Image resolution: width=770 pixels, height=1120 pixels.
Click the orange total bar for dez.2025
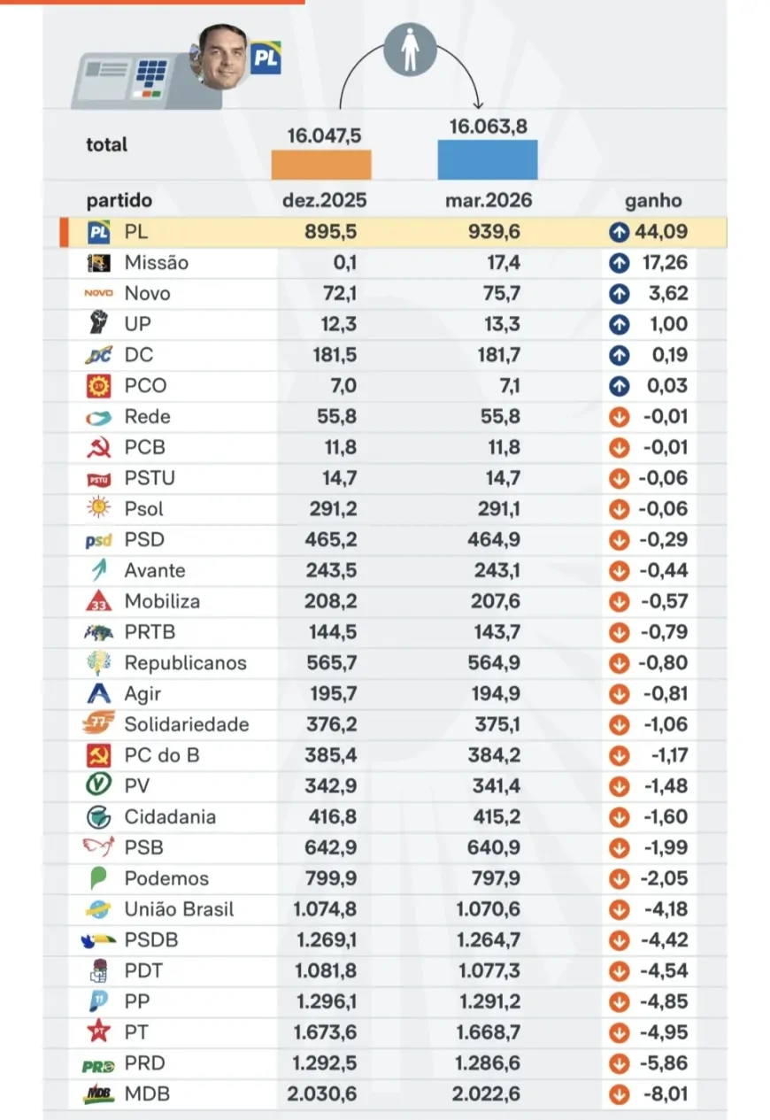point(320,165)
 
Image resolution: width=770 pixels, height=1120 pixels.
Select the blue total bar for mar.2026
point(487,159)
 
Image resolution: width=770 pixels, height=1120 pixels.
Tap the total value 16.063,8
point(488,127)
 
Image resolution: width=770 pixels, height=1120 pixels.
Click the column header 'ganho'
point(653,201)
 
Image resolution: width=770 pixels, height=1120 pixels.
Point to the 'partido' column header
point(119,201)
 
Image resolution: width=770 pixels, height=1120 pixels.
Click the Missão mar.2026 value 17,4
point(503,263)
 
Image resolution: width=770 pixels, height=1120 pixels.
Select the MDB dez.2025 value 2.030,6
point(322,1094)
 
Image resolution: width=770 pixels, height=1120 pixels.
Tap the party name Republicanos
point(185,663)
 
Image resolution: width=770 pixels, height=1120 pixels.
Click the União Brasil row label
point(179,909)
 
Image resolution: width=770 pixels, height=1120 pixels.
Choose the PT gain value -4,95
point(663,1032)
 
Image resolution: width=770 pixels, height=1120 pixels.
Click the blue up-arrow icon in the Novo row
point(620,294)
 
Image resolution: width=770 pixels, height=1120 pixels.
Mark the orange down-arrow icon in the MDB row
point(620,1094)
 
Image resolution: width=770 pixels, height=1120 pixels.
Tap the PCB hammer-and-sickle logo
point(98,448)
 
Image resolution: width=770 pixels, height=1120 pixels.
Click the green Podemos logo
point(98,879)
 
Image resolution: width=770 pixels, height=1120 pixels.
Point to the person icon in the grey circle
point(410,49)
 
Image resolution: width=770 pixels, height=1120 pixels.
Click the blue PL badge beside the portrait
point(265,58)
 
